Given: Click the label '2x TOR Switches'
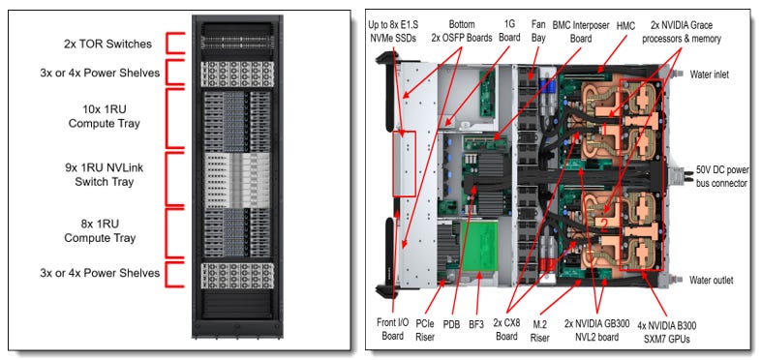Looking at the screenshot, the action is [107, 45].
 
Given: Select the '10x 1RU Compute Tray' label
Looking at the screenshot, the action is [104, 116].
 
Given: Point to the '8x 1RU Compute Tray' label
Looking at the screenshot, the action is [100, 231].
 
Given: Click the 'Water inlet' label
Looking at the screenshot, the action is [709, 75].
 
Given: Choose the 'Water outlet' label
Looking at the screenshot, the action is [711, 280].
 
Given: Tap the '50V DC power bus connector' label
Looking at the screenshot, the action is [722, 176].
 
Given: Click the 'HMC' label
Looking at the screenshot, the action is [625, 26].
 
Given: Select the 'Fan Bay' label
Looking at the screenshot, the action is [537, 32].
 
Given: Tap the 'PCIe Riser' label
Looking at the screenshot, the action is [425, 329].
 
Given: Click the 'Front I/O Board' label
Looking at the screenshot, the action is [393, 328].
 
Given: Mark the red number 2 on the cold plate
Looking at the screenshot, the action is [604, 225].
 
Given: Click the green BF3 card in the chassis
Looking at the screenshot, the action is [480, 246].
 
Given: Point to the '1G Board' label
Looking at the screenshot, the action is [509, 32].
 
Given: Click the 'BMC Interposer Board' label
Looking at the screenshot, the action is [581, 32].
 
